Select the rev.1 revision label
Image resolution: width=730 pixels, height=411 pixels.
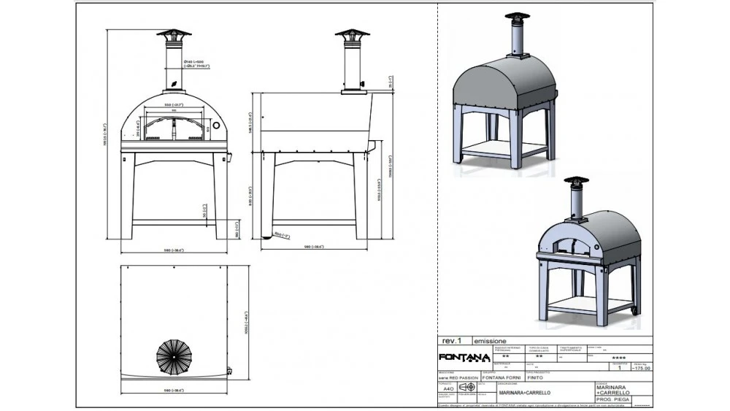[x=452, y=341]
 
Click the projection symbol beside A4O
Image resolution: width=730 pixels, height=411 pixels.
[x=466, y=387]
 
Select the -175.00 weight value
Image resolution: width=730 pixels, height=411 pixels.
[x=641, y=369]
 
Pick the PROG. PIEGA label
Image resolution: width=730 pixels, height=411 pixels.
[x=611, y=399]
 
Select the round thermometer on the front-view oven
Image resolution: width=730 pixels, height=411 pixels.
[x=217, y=126]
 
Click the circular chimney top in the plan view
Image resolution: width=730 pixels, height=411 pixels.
[x=174, y=357]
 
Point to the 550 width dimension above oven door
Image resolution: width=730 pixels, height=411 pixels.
[x=173, y=105]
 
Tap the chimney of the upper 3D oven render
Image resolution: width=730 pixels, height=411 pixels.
[x=518, y=37]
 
